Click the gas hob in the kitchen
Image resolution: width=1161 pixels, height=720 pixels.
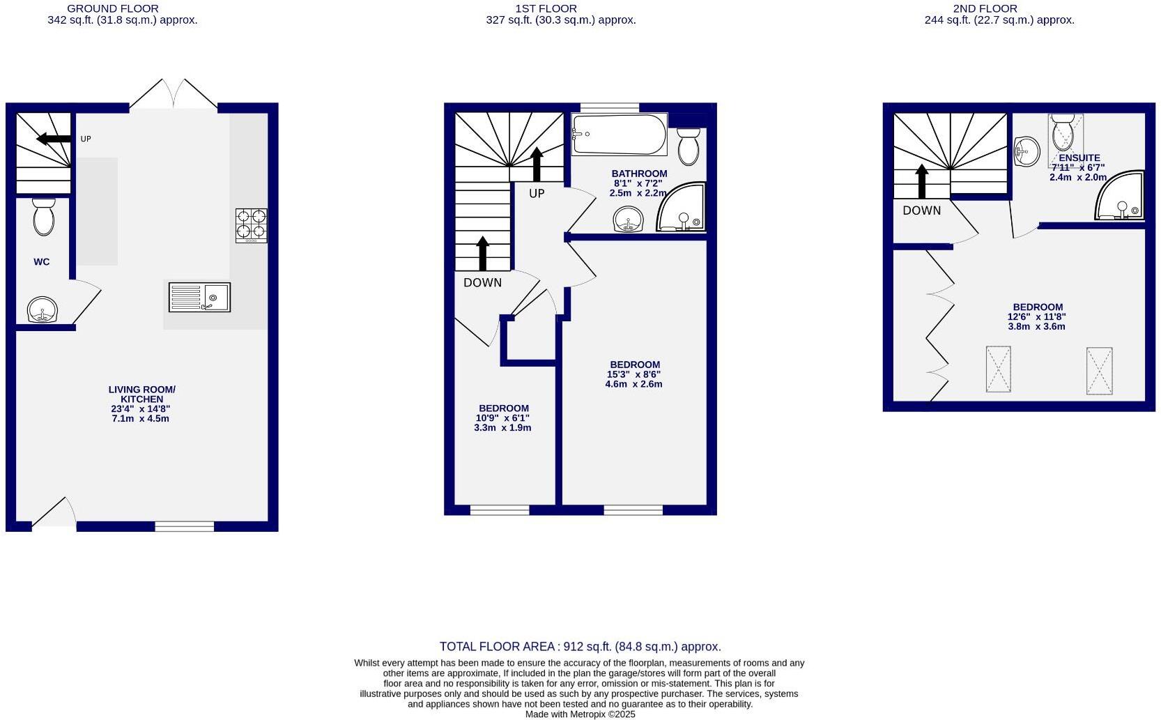pos(251,225)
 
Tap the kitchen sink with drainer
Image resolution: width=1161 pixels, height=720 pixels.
pos(199,297)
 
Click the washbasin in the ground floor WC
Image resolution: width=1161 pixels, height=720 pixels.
pos(43,309)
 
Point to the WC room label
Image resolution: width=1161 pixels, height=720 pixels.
pos(42,262)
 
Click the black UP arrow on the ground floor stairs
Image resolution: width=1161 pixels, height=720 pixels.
pos(54,139)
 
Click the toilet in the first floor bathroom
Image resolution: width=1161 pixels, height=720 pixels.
pos(689,146)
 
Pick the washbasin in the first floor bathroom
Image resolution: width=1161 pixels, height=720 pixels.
pos(628,220)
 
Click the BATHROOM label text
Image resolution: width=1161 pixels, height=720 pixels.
pos(639,174)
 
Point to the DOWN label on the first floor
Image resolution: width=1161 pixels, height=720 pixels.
pos(482,282)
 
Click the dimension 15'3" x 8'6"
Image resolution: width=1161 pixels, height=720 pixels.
pos(633,374)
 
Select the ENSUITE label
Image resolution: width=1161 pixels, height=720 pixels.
pos(1079,158)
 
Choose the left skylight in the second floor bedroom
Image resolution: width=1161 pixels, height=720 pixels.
pos(998,369)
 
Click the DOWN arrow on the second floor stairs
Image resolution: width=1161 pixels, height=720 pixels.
pos(922,182)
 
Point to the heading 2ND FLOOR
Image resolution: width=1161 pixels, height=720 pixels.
pos(985,8)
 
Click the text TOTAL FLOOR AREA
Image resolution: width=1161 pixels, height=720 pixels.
pos(497,647)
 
